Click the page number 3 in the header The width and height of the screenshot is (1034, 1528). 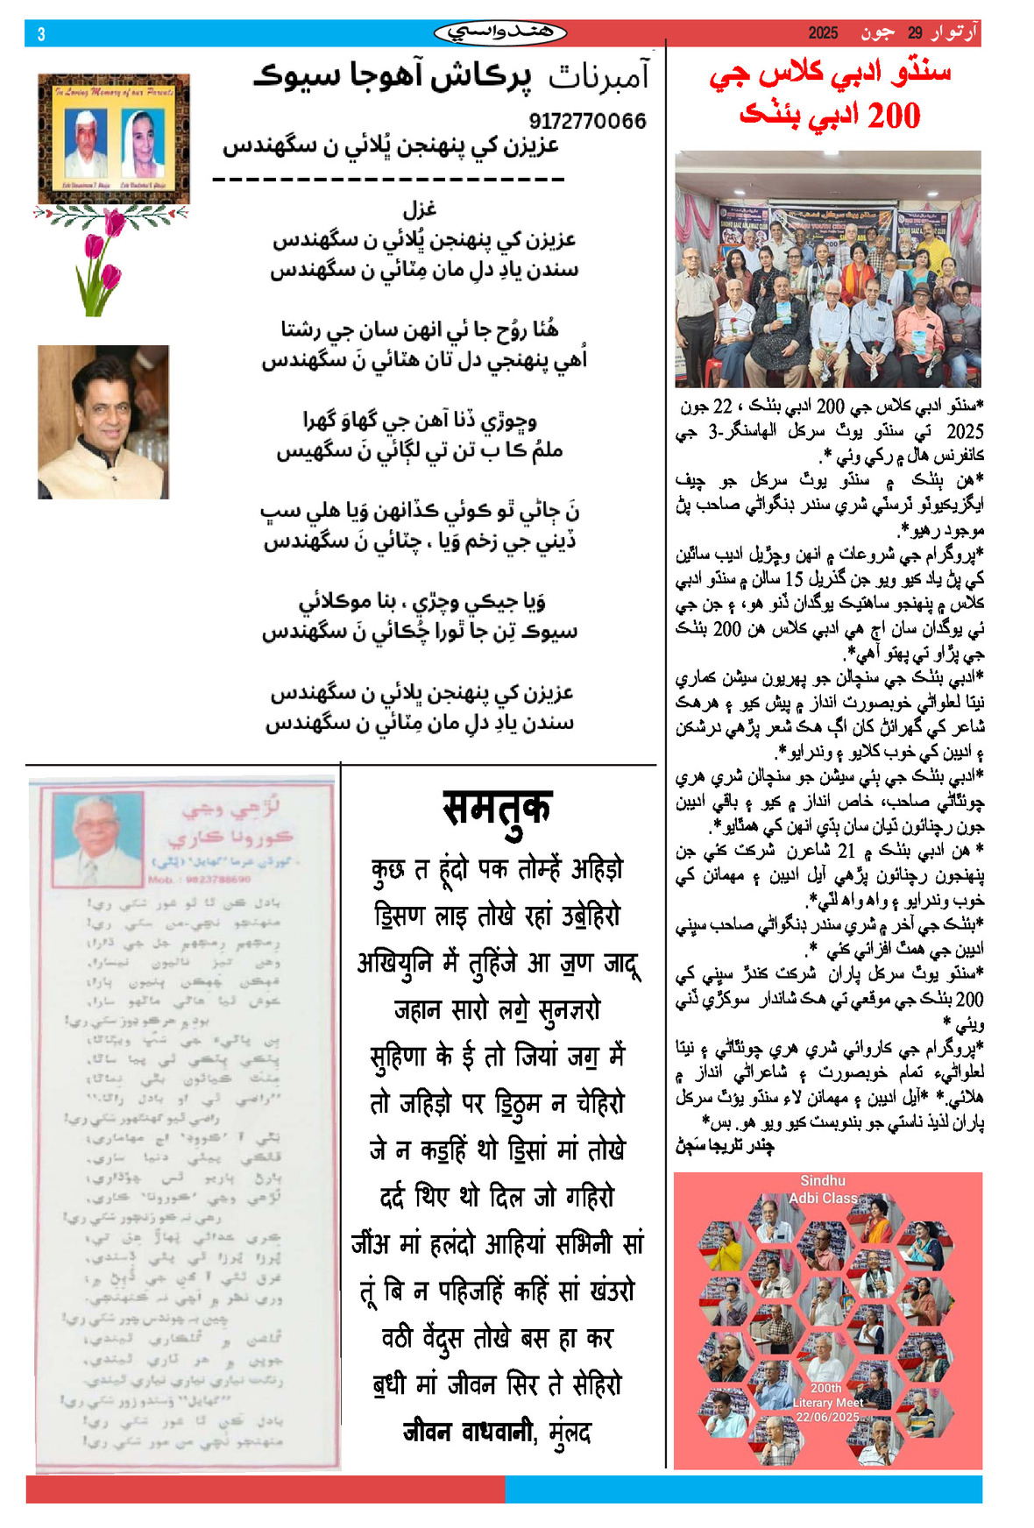pos(40,34)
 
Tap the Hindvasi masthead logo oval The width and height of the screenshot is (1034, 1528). pos(499,33)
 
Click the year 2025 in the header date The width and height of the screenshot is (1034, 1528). pos(823,33)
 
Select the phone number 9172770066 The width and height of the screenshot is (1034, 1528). pos(587,121)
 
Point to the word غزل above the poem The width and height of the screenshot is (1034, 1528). pos(420,209)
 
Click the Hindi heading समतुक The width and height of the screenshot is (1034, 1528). pos(497,808)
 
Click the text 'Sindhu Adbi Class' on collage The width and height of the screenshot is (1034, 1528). pos(823,1189)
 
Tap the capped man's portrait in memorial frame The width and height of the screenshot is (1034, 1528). pos(86,142)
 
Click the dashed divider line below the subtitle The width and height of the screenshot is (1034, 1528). pos(388,180)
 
